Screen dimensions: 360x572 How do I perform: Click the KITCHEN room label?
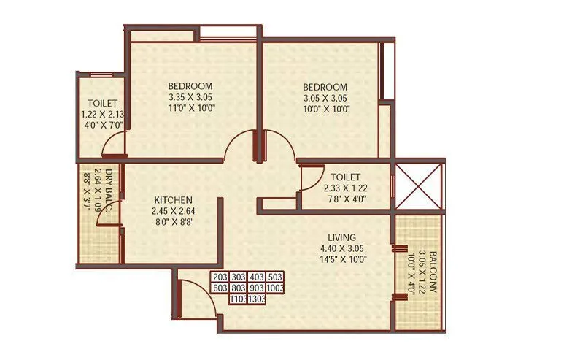[x=173, y=199]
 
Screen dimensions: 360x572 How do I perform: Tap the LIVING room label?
[x=342, y=238]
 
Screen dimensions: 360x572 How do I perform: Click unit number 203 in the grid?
[x=220, y=277]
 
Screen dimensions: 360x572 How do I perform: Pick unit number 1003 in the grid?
[x=275, y=288]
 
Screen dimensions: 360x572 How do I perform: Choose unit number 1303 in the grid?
[x=256, y=299]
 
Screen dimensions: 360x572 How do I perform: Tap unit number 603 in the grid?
[x=220, y=288]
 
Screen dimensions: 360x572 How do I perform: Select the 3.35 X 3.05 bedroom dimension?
[x=190, y=96]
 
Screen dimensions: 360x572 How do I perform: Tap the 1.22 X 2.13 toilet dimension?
[x=102, y=114]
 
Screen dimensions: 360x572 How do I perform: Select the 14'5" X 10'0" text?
[x=342, y=258]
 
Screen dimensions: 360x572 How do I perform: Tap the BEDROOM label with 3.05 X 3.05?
[x=326, y=85]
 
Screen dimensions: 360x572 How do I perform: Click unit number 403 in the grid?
[x=256, y=277]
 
